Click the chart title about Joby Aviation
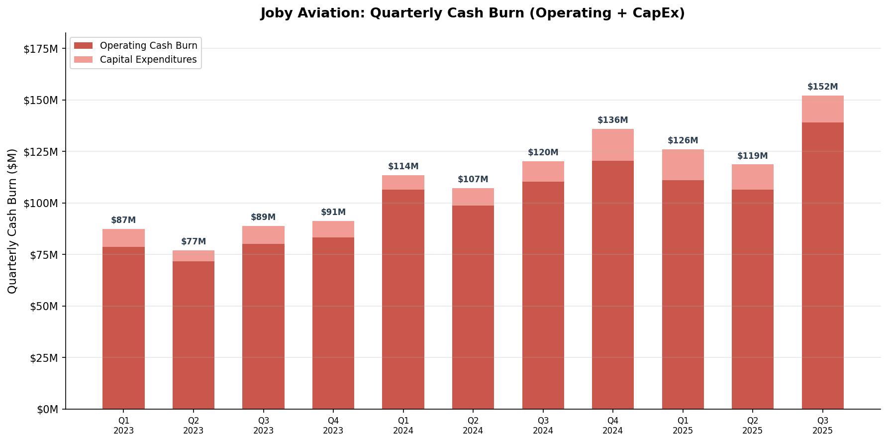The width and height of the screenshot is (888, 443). coord(472,13)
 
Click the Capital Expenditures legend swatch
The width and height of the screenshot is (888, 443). coord(83,60)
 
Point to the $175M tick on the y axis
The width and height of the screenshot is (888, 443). coord(41,49)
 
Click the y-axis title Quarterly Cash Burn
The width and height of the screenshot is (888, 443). coord(12,221)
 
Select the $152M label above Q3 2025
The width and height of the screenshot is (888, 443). coord(822,87)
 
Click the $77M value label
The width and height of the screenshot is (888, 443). coord(193,242)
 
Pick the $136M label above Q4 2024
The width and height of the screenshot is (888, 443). coord(612,120)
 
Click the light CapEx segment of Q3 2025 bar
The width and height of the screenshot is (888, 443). coord(822,109)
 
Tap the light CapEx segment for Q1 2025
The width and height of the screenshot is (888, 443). coord(683,165)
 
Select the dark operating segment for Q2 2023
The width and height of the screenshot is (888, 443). coord(193,335)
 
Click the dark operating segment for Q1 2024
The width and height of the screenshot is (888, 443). coord(403,299)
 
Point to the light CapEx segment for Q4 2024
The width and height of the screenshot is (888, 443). coord(612,145)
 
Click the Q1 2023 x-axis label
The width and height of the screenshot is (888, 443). coord(123,426)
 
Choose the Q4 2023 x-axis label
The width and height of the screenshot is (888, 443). coord(333,426)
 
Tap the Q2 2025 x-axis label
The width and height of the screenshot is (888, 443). coord(752,426)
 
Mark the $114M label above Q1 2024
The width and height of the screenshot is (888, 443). coord(403,167)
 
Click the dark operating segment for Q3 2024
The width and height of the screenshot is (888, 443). coord(543,295)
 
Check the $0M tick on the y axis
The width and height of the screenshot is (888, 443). coord(47,409)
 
